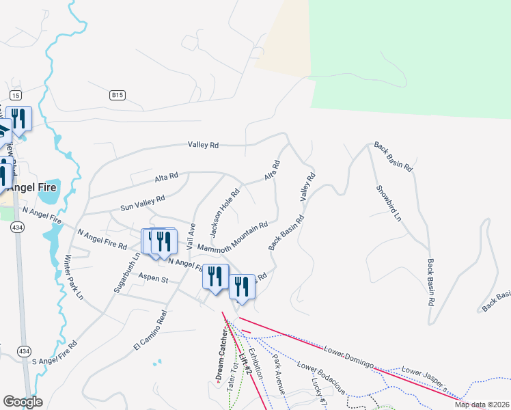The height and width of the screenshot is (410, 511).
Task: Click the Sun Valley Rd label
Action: point(143,202)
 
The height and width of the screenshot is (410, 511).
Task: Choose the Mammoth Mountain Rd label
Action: point(232,236)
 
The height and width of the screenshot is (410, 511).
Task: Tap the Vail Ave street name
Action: point(192,235)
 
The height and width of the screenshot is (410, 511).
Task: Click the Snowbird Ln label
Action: point(388,204)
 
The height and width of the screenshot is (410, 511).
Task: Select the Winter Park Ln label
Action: point(73,277)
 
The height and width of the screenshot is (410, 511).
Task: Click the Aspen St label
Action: point(153,279)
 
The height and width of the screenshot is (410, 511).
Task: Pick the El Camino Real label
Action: point(151,332)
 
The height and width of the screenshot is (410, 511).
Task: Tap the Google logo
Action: point(23,402)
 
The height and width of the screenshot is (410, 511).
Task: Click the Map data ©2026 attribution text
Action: point(481,405)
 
